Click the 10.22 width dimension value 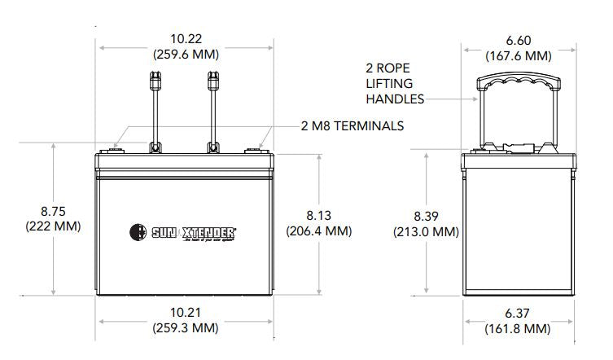point(186,39)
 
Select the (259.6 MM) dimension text point(186,55)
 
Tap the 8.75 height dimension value point(53,210)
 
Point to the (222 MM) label point(53,226)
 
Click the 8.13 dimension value point(319,215)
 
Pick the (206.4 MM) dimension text point(319,230)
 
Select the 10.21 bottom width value point(185,312)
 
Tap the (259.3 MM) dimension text point(185,327)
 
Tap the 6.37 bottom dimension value point(518,313)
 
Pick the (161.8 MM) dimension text point(518,328)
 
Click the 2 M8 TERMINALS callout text point(353,126)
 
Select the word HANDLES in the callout point(395,99)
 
